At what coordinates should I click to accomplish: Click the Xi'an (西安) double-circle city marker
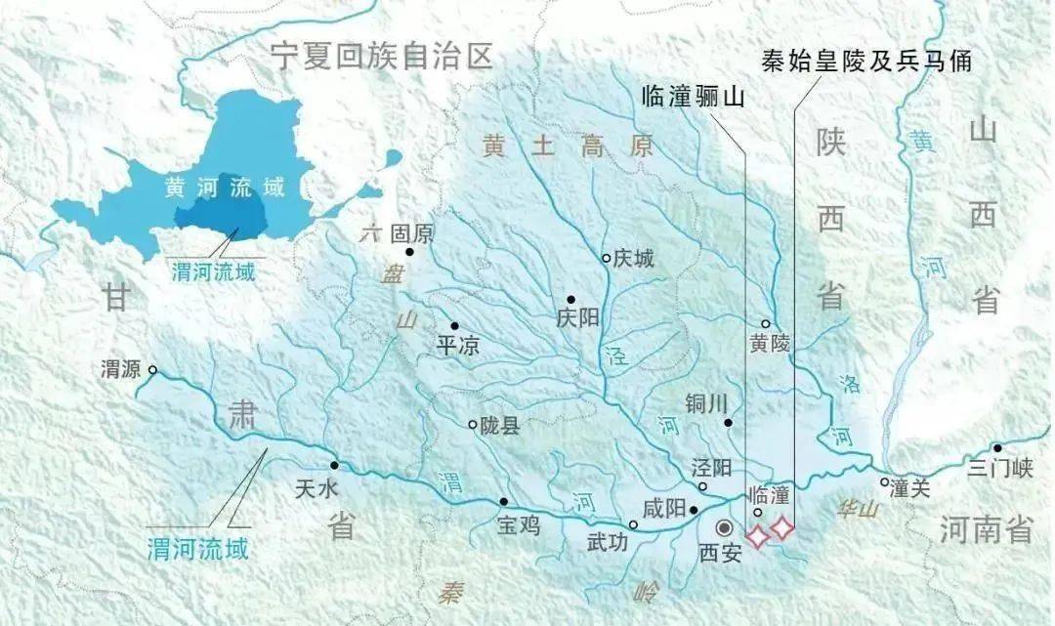(724, 527)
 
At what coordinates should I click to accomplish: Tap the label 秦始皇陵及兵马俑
(865, 60)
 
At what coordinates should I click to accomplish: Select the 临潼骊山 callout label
(692, 95)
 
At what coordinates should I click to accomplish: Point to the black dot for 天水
(334, 465)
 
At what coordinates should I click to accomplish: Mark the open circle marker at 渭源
(152, 370)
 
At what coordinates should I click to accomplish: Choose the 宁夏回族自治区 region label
(382, 55)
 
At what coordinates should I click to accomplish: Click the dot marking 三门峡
(996, 448)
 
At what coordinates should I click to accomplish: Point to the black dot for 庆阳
(570, 300)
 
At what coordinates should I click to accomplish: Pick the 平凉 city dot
(453, 326)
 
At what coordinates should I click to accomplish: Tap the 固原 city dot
(410, 252)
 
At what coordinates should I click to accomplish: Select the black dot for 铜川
(729, 422)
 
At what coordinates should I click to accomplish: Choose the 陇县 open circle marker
(473, 425)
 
